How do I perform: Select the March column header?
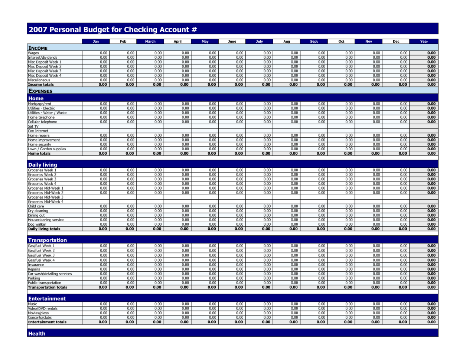click(x=150, y=42)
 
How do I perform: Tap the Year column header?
click(x=424, y=42)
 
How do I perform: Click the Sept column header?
click(x=314, y=42)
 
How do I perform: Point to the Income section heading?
click(x=38, y=48)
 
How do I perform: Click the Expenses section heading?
click(x=40, y=91)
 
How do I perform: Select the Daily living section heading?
click(x=43, y=165)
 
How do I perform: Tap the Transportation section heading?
click(x=48, y=240)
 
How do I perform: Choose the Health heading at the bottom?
click(x=37, y=334)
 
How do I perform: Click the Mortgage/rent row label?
click(x=40, y=104)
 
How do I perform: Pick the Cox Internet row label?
click(x=38, y=131)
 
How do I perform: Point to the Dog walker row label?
click(x=37, y=225)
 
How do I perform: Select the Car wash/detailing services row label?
click(x=50, y=274)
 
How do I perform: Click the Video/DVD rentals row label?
click(x=43, y=309)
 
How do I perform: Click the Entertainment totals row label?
click(x=48, y=322)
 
